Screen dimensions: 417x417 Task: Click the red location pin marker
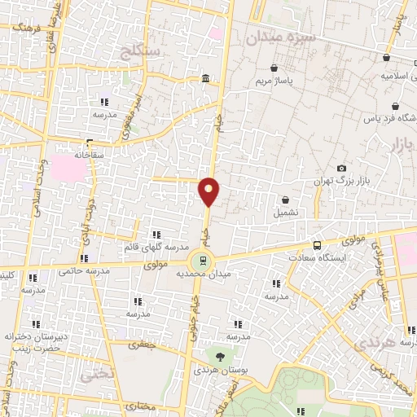tap(209, 191)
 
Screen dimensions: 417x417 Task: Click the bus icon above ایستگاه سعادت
tap(317, 244)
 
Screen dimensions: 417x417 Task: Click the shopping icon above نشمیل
tap(285, 200)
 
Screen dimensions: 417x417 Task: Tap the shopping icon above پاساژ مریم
tap(274, 68)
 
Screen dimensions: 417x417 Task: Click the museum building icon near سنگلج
tap(204, 78)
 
